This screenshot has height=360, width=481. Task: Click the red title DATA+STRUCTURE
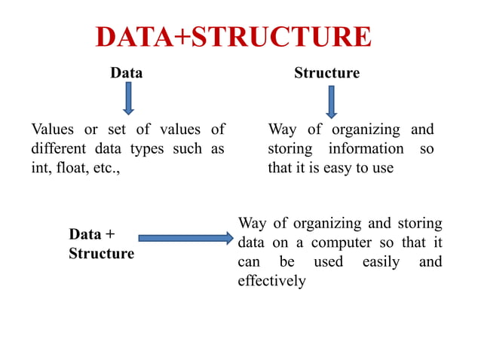click(x=234, y=37)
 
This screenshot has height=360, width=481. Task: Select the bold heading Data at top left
click(x=126, y=73)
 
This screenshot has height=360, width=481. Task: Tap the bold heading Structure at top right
click(x=326, y=73)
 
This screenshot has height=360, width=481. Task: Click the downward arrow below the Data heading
click(x=128, y=98)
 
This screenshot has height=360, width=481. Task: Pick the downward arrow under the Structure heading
click(x=331, y=101)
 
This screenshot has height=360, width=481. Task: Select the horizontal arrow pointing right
click(x=186, y=238)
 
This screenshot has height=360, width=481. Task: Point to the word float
click(x=69, y=168)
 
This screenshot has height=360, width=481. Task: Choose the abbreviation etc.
click(x=104, y=168)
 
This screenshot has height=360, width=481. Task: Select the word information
click(x=366, y=148)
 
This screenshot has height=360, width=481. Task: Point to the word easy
click(x=339, y=168)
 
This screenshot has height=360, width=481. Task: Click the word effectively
click(x=271, y=281)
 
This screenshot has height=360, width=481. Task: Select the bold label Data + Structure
click(x=101, y=244)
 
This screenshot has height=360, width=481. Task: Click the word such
click(x=188, y=148)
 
